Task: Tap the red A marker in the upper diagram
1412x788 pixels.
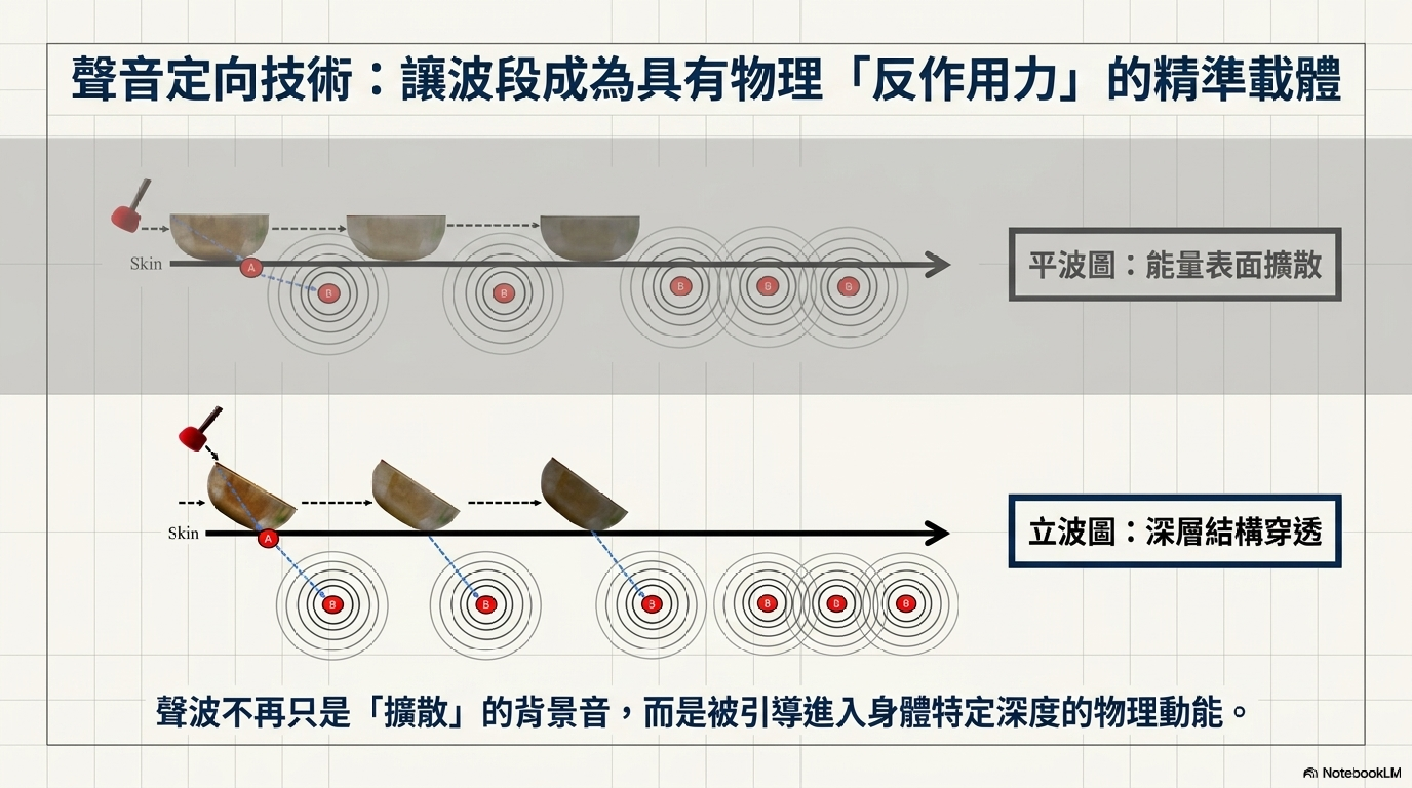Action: [x=251, y=268]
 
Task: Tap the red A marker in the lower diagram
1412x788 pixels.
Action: [x=268, y=539]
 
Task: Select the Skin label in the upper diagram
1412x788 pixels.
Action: [x=146, y=264]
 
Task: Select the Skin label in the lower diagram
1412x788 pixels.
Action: [x=183, y=533]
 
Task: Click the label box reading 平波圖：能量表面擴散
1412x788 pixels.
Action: [x=1175, y=265]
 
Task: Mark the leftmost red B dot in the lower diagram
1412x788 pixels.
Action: [x=332, y=605]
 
